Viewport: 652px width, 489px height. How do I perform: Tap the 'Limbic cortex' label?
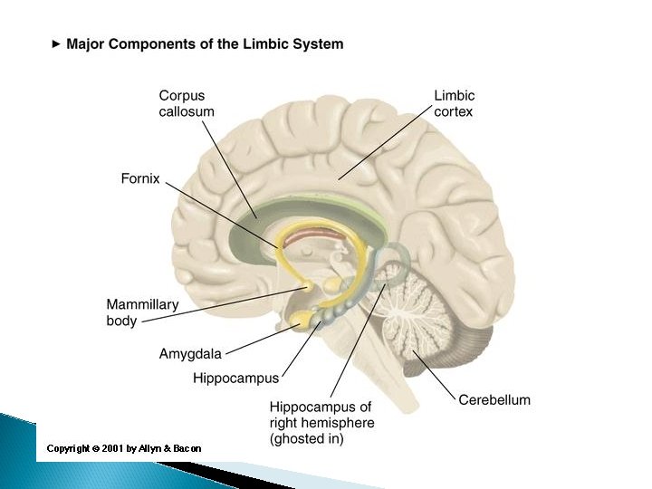coord(455,103)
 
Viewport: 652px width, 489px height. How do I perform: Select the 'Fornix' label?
coord(140,179)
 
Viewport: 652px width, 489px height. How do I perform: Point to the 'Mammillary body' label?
coord(142,312)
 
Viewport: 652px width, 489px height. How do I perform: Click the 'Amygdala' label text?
coord(190,355)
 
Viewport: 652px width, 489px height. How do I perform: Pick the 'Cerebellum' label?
coord(494,399)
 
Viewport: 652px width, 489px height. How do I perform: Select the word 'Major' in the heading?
coord(87,43)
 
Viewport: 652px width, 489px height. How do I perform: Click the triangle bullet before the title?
coord(56,43)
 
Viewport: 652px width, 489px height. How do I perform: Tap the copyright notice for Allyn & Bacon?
coord(124,448)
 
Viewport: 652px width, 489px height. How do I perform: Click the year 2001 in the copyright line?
coord(112,448)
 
